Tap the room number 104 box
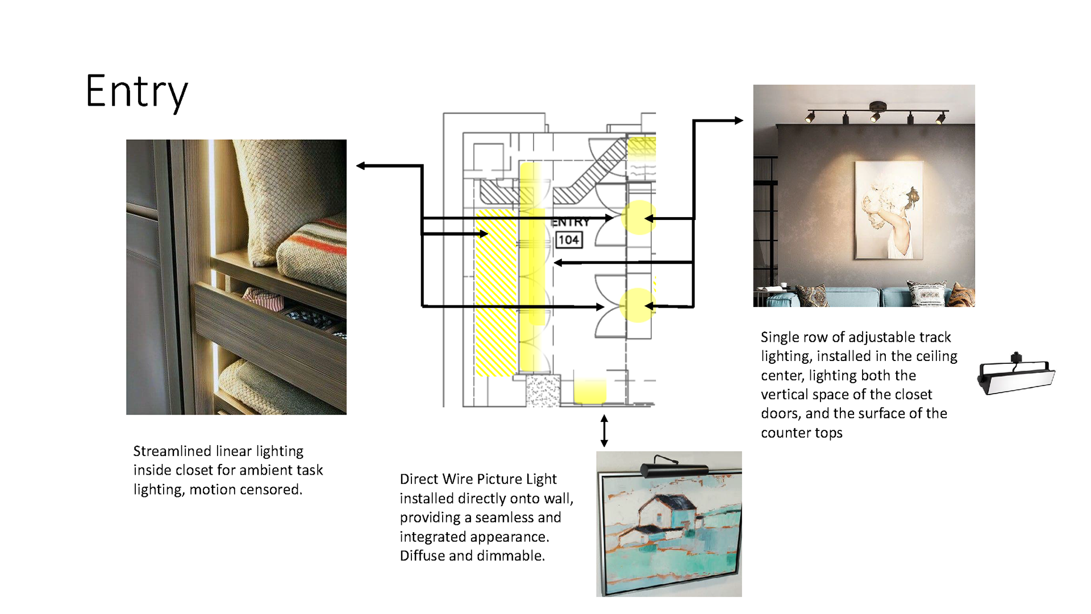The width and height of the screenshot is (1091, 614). pyautogui.click(x=568, y=240)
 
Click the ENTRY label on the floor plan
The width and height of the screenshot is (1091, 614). pyautogui.click(x=570, y=222)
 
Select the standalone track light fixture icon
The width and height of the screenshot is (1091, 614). pyautogui.click(x=1016, y=375)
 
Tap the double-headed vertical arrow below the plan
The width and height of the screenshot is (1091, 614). pyautogui.click(x=604, y=430)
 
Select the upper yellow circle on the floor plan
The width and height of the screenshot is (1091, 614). pyautogui.click(x=638, y=218)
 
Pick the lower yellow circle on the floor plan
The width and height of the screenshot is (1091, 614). pyautogui.click(x=637, y=306)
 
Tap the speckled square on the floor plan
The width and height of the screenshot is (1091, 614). pyautogui.click(x=543, y=391)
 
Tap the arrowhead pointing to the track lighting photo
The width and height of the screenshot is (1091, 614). pyautogui.click(x=738, y=121)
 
